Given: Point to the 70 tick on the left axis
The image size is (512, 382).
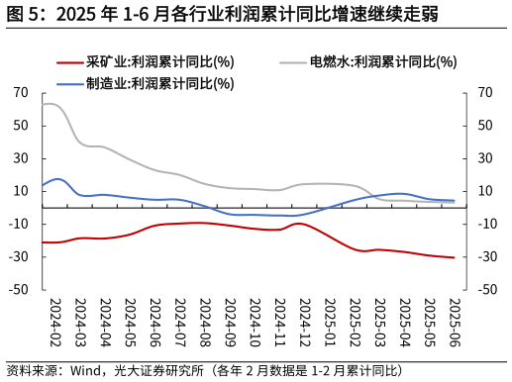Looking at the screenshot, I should pos(22,93).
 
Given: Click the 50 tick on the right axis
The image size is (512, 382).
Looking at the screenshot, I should pos(483,126).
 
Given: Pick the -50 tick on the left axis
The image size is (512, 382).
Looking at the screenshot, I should pos(20,290).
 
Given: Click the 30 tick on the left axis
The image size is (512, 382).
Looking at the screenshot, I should pos(22,158).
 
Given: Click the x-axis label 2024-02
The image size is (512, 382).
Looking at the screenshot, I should pos(55,321).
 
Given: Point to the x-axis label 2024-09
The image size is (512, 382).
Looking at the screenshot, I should pos(230,321).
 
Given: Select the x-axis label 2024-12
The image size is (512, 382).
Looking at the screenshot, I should pos(305,321).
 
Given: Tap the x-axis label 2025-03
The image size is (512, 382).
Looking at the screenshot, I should pos(379,321).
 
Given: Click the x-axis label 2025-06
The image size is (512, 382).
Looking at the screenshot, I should pos(455,321).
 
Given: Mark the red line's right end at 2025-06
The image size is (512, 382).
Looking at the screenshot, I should pos(455,257).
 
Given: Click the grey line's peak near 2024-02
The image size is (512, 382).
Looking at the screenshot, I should pos(50,103).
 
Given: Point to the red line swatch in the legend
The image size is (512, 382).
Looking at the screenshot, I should pos(69,61).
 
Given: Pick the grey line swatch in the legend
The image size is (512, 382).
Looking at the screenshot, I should pos(293,61).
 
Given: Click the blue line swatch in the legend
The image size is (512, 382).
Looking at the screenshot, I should pos(69,83).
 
